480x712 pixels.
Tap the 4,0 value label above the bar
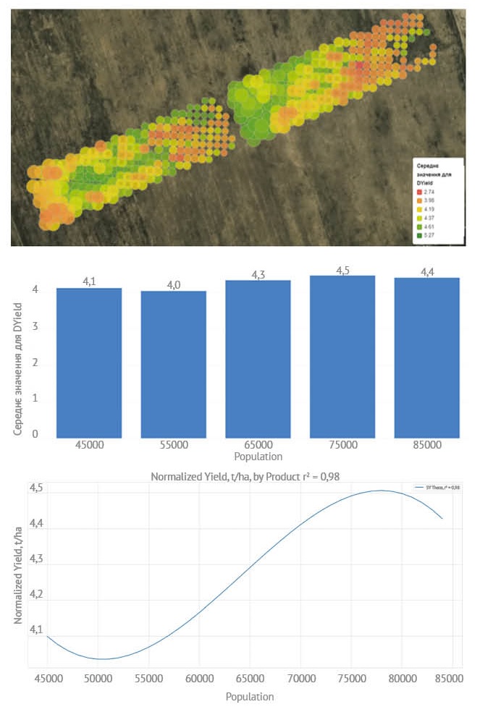click(174, 285)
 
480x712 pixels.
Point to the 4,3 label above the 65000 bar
click(258, 275)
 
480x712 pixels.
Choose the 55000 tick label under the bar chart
click(174, 445)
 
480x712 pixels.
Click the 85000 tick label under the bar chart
click(427, 445)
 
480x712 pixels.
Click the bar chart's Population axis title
click(258, 457)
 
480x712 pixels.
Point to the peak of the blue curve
click(381, 491)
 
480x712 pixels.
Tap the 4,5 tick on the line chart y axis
click(35, 488)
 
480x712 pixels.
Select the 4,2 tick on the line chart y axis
click(35, 594)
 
